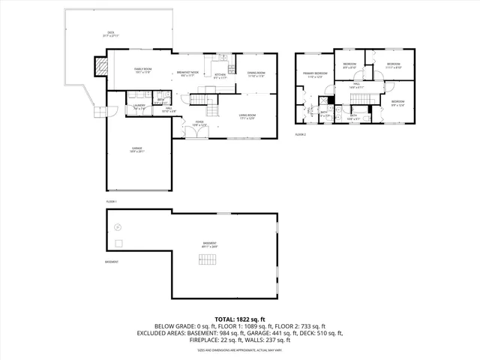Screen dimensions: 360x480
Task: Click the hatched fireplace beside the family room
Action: coord(99,67)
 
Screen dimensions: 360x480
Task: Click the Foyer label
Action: coord(199,122)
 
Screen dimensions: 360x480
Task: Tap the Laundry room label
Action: coord(139,107)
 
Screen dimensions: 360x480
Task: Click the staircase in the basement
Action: coord(208,259)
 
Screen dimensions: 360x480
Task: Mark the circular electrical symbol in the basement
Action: coord(117,226)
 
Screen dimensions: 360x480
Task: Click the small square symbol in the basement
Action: coord(118,244)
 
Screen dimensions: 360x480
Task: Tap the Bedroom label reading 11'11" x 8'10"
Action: coord(394,66)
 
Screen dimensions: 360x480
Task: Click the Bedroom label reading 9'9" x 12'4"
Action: coord(397,103)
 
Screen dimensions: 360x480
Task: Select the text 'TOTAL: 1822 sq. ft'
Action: coord(240,319)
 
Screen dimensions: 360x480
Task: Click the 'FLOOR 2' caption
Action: coord(300,134)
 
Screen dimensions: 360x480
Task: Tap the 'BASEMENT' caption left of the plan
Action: coord(112,262)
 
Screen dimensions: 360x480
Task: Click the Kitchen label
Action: coord(220,76)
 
